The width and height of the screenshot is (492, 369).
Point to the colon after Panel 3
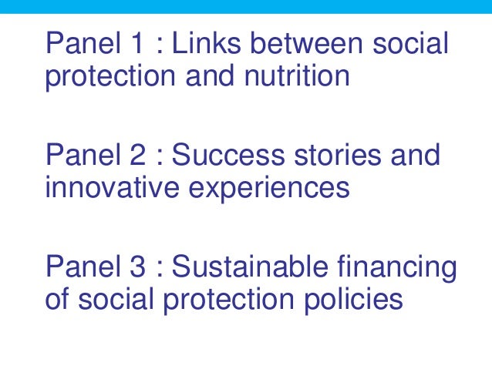pos(160,270)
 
